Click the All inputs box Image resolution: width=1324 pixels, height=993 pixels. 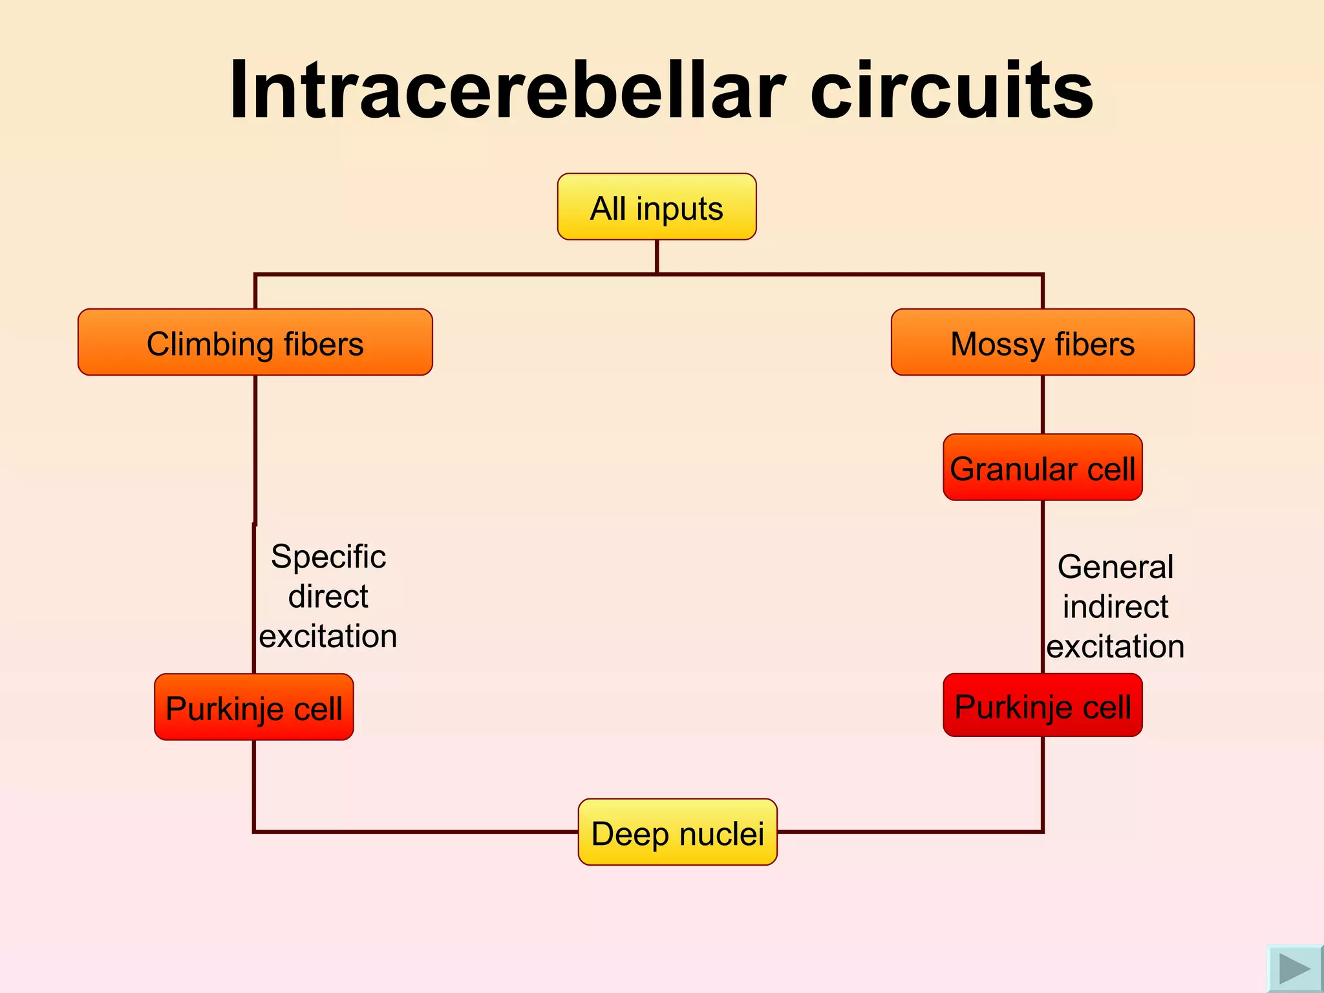click(x=656, y=207)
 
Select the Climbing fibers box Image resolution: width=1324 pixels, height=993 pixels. click(x=255, y=342)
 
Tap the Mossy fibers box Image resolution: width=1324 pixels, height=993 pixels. click(x=1042, y=342)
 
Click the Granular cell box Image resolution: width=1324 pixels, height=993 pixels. click(x=1042, y=467)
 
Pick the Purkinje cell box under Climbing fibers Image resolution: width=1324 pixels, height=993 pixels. click(x=253, y=707)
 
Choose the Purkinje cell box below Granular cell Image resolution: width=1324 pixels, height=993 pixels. click(x=1042, y=705)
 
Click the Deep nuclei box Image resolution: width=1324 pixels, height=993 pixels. click(x=677, y=832)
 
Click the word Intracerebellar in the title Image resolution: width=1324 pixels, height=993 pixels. click(x=507, y=91)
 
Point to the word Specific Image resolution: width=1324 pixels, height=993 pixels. click(x=328, y=557)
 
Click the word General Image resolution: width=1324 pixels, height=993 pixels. click(x=1115, y=567)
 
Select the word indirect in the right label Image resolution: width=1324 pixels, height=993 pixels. click(x=1115, y=607)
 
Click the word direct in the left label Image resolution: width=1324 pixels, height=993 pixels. click(x=328, y=596)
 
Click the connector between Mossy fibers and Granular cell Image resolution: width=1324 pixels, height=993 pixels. click(x=1043, y=405)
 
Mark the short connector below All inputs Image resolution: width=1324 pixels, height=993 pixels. click(x=657, y=257)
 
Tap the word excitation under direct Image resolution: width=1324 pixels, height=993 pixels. click(x=328, y=636)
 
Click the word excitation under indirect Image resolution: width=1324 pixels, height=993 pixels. click(x=1115, y=646)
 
